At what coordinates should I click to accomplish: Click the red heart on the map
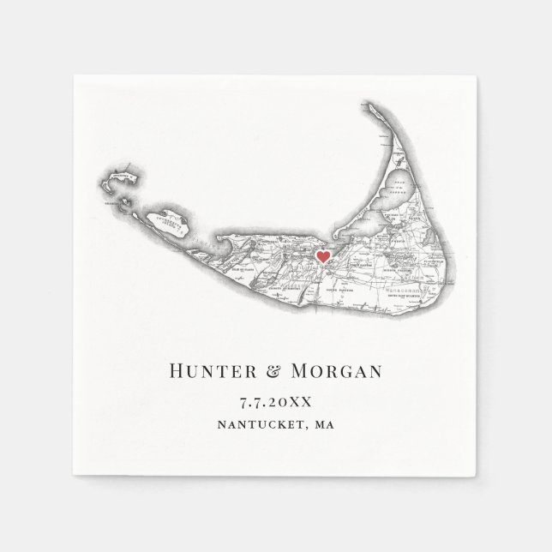pos(322,256)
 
